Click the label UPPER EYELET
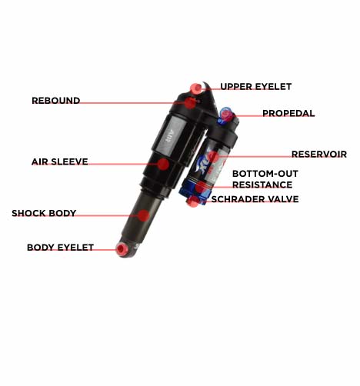[x=256, y=87]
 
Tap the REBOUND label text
[x=56, y=101]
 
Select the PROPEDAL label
[x=288, y=113]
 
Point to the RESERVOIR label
[x=319, y=154]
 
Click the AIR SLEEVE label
[x=60, y=161]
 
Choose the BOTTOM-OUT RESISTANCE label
[x=265, y=179]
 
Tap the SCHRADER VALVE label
[x=255, y=199]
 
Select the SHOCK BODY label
[x=44, y=213]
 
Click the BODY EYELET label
[x=60, y=248]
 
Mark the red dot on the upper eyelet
[x=197, y=88]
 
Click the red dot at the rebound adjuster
[x=190, y=103]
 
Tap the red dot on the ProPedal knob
[x=226, y=115]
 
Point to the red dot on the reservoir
[x=214, y=157]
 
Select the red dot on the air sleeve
[x=163, y=164]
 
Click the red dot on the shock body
[x=143, y=215]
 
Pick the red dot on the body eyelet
[x=122, y=249]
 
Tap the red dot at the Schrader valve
[x=192, y=201]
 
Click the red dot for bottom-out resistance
[x=201, y=188]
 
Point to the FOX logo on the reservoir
[x=205, y=161]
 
